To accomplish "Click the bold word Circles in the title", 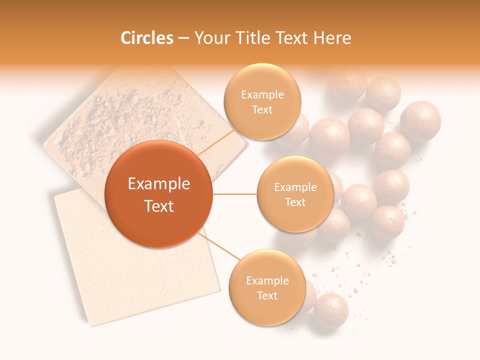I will point(147,38).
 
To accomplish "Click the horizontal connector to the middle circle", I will point(235,194).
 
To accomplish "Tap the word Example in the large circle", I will point(159,184).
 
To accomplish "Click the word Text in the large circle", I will point(159,206).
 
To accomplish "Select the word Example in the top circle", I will point(262,95).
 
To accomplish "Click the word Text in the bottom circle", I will point(267,295).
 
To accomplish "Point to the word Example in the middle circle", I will point(295,187).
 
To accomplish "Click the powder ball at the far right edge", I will point(420,120).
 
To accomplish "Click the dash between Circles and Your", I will point(183,38).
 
